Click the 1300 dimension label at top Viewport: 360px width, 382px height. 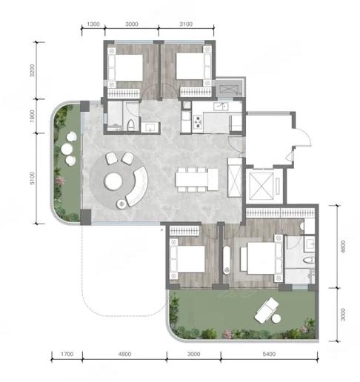(x=93, y=24)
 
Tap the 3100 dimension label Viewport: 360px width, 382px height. (x=186, y=24)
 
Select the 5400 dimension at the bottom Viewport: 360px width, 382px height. (x=269, y=354)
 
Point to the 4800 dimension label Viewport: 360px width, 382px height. (x=124, y=354)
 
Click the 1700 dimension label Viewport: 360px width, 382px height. (x=67, y=354)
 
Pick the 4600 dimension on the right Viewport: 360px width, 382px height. (x=343, y=247)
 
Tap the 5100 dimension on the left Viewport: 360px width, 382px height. (x=33, y=178)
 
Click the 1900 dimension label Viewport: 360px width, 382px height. (x=33, y=116)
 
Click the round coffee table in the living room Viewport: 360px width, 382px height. (x=113, y=181)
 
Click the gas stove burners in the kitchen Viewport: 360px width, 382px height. (x=198, y=121)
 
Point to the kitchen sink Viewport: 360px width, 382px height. (x=221, y=107)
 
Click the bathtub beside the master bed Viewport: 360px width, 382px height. (x=227, y=260)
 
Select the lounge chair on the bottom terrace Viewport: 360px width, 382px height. (x=266, y=310)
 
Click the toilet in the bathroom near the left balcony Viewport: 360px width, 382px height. (x=131, y=125)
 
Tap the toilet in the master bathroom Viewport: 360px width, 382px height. (x=309, y=260)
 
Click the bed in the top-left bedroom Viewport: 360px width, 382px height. (x=125, y=67)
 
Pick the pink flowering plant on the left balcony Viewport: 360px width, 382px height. (x=60, y=181)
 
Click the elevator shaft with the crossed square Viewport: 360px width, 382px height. (x=261, y=186)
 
